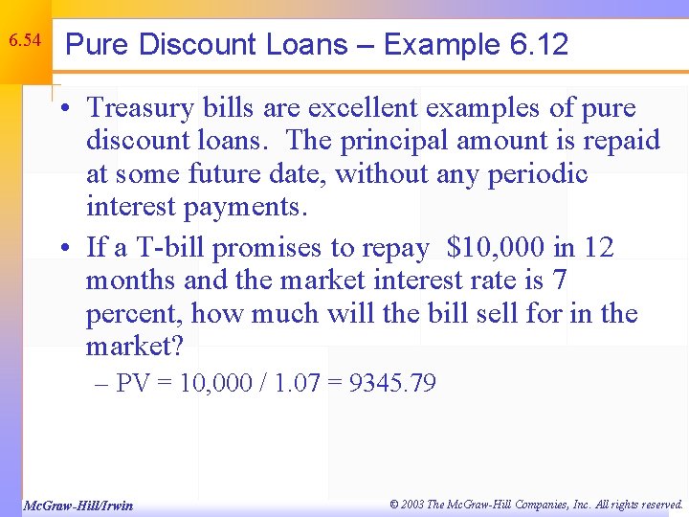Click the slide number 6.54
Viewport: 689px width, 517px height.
click(25, 41)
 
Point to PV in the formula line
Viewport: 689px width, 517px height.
click(132, 384)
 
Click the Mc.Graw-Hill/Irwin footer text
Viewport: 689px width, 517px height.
click(78, 506)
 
